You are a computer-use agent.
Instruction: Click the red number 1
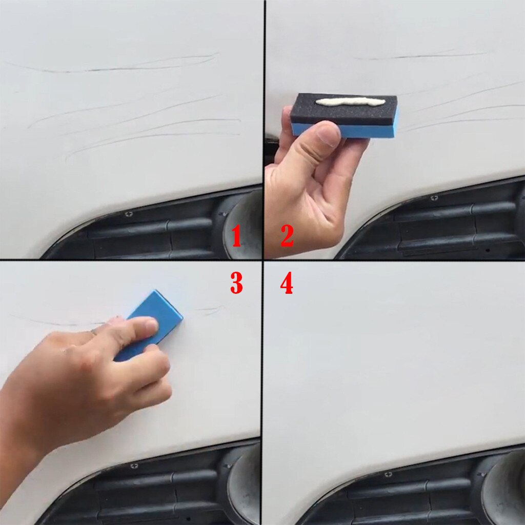click(236, 237)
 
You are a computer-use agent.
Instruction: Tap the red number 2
click(287, 237)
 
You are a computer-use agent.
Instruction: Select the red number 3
click(236, 284)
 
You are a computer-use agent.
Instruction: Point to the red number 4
click(287, 284)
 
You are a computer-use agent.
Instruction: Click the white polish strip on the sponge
click(349, 102)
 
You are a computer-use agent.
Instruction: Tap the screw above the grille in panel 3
click(134, 466)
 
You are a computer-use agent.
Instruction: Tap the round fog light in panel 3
click(244, 477)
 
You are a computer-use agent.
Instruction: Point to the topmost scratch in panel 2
click(420, 55)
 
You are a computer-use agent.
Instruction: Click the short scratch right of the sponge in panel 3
click(210, 309)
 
